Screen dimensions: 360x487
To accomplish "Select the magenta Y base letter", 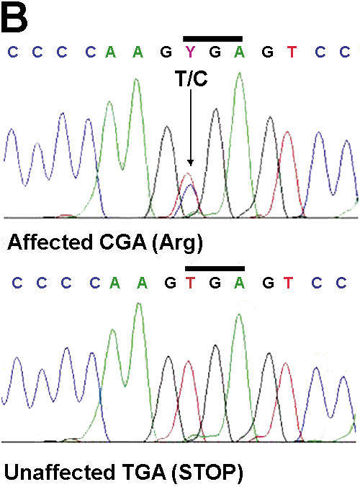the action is (190, 52).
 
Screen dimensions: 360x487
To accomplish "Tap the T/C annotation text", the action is (192, 78).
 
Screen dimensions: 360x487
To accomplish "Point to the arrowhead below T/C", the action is (191, 163).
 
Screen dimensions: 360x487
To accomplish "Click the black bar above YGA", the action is (212, 39).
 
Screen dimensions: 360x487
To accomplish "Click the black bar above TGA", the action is (215, 268).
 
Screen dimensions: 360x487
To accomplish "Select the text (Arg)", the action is (178, 243).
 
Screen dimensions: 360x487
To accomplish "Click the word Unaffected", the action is (59, 472).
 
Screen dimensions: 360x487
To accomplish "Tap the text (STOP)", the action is (207, 473).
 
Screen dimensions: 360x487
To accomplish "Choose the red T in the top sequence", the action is (292, 52).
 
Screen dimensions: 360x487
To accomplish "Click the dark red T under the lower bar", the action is (190, 283).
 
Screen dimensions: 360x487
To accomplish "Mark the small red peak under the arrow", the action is (187, 174).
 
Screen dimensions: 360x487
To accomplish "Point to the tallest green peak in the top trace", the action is (239, 73).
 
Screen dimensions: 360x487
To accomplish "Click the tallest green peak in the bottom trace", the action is (139, 304).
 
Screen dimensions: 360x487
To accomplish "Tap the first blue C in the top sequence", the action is (12, 52).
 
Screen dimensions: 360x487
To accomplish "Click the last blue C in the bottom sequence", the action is (341, 283).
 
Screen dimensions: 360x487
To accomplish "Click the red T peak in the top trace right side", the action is (287, 132).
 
